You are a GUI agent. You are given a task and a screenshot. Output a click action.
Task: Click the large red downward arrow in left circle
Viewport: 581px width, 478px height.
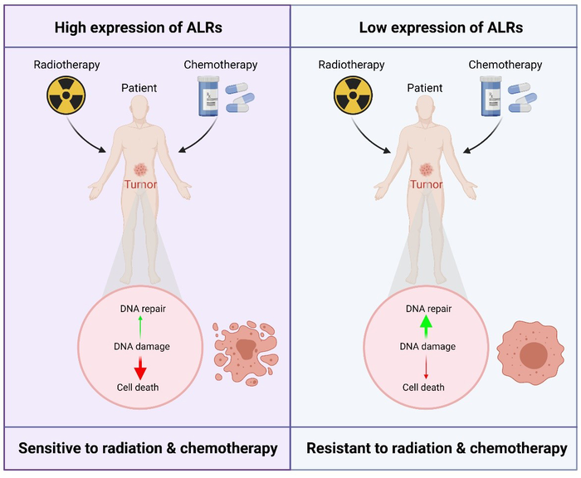(140, 366)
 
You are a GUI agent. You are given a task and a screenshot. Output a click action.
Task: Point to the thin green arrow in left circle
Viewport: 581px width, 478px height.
(140, 326)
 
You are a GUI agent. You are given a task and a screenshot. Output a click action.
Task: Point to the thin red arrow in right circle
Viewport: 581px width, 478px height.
(425, 366)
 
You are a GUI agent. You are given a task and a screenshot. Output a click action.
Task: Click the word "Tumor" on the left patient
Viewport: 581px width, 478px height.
(145, 185)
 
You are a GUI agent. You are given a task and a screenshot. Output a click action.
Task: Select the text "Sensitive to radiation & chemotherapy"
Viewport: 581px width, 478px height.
(145, 448)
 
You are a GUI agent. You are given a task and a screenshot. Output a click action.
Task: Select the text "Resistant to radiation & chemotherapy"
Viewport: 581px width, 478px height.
(434, 448)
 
